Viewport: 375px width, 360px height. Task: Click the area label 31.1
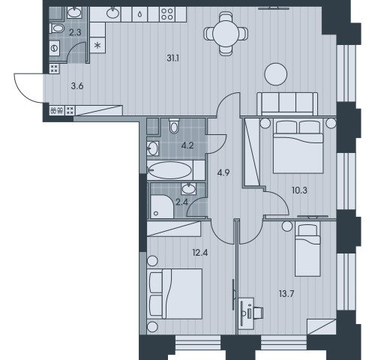tap(172, 58)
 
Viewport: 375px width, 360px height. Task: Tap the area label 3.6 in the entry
tap(77, 86)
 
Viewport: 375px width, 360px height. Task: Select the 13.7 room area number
tap(286, 294)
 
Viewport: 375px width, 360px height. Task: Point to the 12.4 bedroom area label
tap(200, 253)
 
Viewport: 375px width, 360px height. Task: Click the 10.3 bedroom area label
tap(299, 190)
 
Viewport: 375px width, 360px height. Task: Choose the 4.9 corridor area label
tap(223, 172)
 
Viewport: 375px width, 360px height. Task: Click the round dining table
tap(226, 33)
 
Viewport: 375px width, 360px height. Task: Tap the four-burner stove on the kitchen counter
tap(167, 14)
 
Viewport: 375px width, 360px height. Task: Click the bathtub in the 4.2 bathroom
tap(170, 170)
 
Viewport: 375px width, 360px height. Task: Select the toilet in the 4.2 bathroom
tap(174, 126)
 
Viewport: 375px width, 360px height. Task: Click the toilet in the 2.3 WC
tap(57, 28)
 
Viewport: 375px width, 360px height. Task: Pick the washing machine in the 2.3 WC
tap(54, 48)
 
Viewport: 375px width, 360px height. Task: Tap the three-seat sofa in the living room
tap(287, 103)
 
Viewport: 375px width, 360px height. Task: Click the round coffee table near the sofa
tap(276, 74)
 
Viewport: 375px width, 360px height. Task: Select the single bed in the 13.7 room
tap(307, 249)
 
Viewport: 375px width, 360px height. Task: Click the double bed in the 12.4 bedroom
tap(175, 294)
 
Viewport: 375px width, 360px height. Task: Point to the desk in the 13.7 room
tap(246, 313)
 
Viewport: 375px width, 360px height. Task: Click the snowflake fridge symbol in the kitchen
tap(97, 45)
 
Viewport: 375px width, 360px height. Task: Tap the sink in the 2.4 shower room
tap(189, 188)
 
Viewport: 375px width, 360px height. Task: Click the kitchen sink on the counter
tap(113, 13)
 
